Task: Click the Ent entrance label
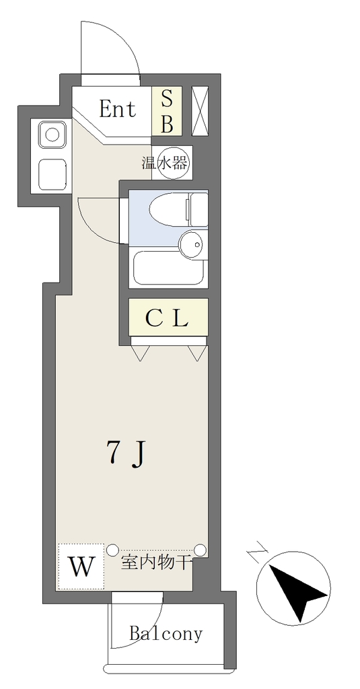pyautogui.click(x=117, y=109)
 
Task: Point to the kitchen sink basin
pyautogui.click(x=52, y=134)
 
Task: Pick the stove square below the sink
pyautogui.click(x=52, y=174)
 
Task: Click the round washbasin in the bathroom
pyautogui.click(x=192, y=243)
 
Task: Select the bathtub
pyautogui.click(x=169, y=268)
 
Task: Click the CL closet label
pyautogui.click(x=167, y=318)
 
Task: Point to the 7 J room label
pyautogui.click(x=126, y=454)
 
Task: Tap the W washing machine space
pyautogui.click(x=81, y=567)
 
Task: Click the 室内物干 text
pyautogui.click(x=156, y=563)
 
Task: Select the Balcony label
pyautogui.click(x=166, y=633)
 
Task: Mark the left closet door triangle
pyautogui.click(x=141, y=353)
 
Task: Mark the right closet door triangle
pyautogui.click(x=197, y=353)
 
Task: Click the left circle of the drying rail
pyautogui.click(x=112, y=549)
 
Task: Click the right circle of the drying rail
pyautogui.click(x=200, y=549)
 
